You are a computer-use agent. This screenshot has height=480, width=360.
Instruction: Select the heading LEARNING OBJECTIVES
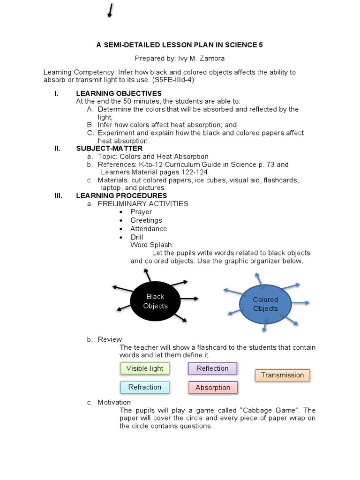tap(119, 93)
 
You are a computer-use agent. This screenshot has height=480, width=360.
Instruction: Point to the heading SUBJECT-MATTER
tap(109, 149)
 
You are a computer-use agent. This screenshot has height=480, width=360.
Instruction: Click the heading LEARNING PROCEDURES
tap(121, 195)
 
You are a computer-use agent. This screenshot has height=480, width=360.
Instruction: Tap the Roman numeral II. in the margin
tap(58, 149)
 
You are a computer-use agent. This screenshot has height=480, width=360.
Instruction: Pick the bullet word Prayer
tap(141, 212)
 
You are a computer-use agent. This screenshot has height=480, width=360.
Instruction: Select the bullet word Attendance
tap(149, 229)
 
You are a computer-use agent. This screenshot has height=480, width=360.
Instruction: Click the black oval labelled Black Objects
tap(155, 301)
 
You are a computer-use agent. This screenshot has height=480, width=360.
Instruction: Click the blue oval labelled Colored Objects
tap(265, 304)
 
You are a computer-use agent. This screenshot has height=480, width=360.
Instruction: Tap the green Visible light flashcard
tap(145, 368)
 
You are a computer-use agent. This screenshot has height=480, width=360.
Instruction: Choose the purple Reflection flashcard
tap(212, 368)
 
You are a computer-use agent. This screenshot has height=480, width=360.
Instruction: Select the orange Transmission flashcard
tap(282, 375)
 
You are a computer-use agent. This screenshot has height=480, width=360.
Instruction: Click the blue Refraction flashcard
tap(145, 387)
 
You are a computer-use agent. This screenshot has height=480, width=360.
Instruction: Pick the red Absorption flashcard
tap(213, 388)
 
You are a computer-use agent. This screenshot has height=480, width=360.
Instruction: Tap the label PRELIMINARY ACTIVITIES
tap(143, 204)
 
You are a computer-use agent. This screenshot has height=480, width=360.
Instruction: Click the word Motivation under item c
tap(114, 402)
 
